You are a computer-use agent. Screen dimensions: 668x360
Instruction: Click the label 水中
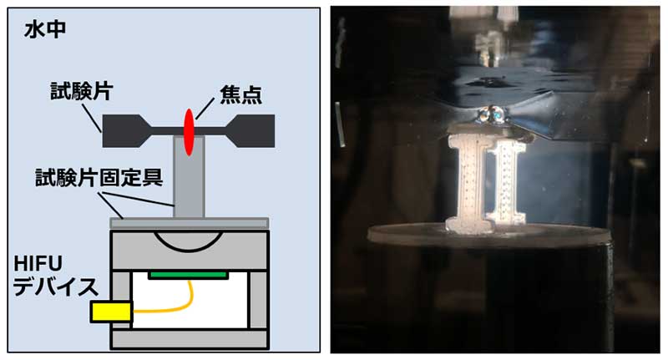click(x=45, y=30)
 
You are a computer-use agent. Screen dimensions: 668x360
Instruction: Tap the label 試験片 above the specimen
click(x=81, y=91)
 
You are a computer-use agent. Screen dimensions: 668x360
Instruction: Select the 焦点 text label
click(x=240, y=95)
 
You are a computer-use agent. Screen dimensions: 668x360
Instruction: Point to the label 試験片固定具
click(x=99, y=177)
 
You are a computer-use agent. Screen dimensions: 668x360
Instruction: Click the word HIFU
click(x=38, y=264)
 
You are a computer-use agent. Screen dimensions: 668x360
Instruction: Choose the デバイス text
click(x=56, y=286)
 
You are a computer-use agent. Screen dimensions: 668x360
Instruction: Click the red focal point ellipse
click(x=189, y=132)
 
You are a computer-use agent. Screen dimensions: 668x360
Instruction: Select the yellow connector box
click(x=111, y=312)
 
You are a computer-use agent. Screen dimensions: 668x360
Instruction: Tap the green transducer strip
click(x=189, y=275)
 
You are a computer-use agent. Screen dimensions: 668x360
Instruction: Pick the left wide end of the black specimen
click(x=121, y=131)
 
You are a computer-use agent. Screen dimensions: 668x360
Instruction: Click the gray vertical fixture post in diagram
click(x=189, y=176)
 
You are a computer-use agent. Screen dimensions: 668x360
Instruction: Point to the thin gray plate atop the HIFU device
click(x=190, y=223)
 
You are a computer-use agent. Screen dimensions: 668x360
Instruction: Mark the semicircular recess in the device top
click(x=189, y=241)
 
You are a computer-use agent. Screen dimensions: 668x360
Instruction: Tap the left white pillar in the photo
click(x=468, y=183)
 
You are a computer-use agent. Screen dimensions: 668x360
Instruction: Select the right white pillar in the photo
click(x=507, y=183)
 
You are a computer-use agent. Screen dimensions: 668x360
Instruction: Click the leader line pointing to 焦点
click(x=204, y=109)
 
